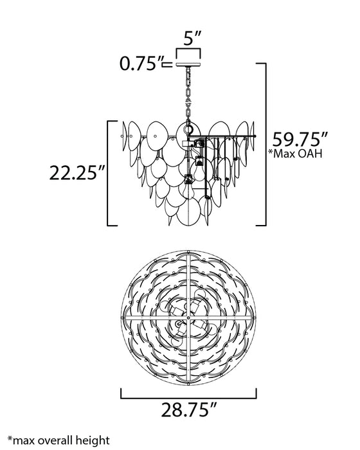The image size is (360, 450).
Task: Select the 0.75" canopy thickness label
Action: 139,64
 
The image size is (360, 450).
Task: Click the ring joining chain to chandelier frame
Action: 188,118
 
